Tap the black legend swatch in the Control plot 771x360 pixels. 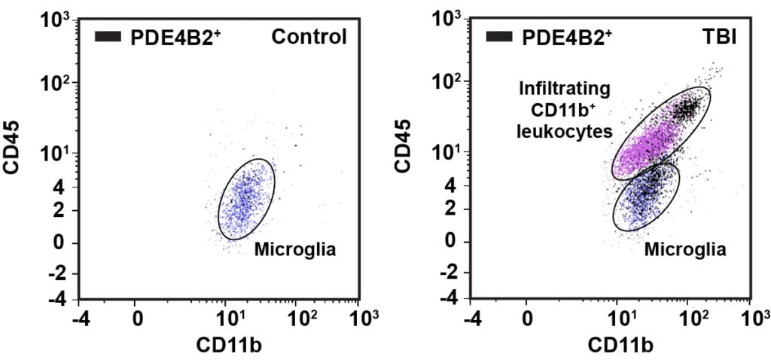coord(109,36)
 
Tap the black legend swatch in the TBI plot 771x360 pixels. coord(501,36)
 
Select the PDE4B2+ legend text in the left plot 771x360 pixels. coord(168,36)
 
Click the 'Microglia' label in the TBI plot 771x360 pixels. coord(685,249)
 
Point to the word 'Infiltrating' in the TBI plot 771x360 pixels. coord(564,90)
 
